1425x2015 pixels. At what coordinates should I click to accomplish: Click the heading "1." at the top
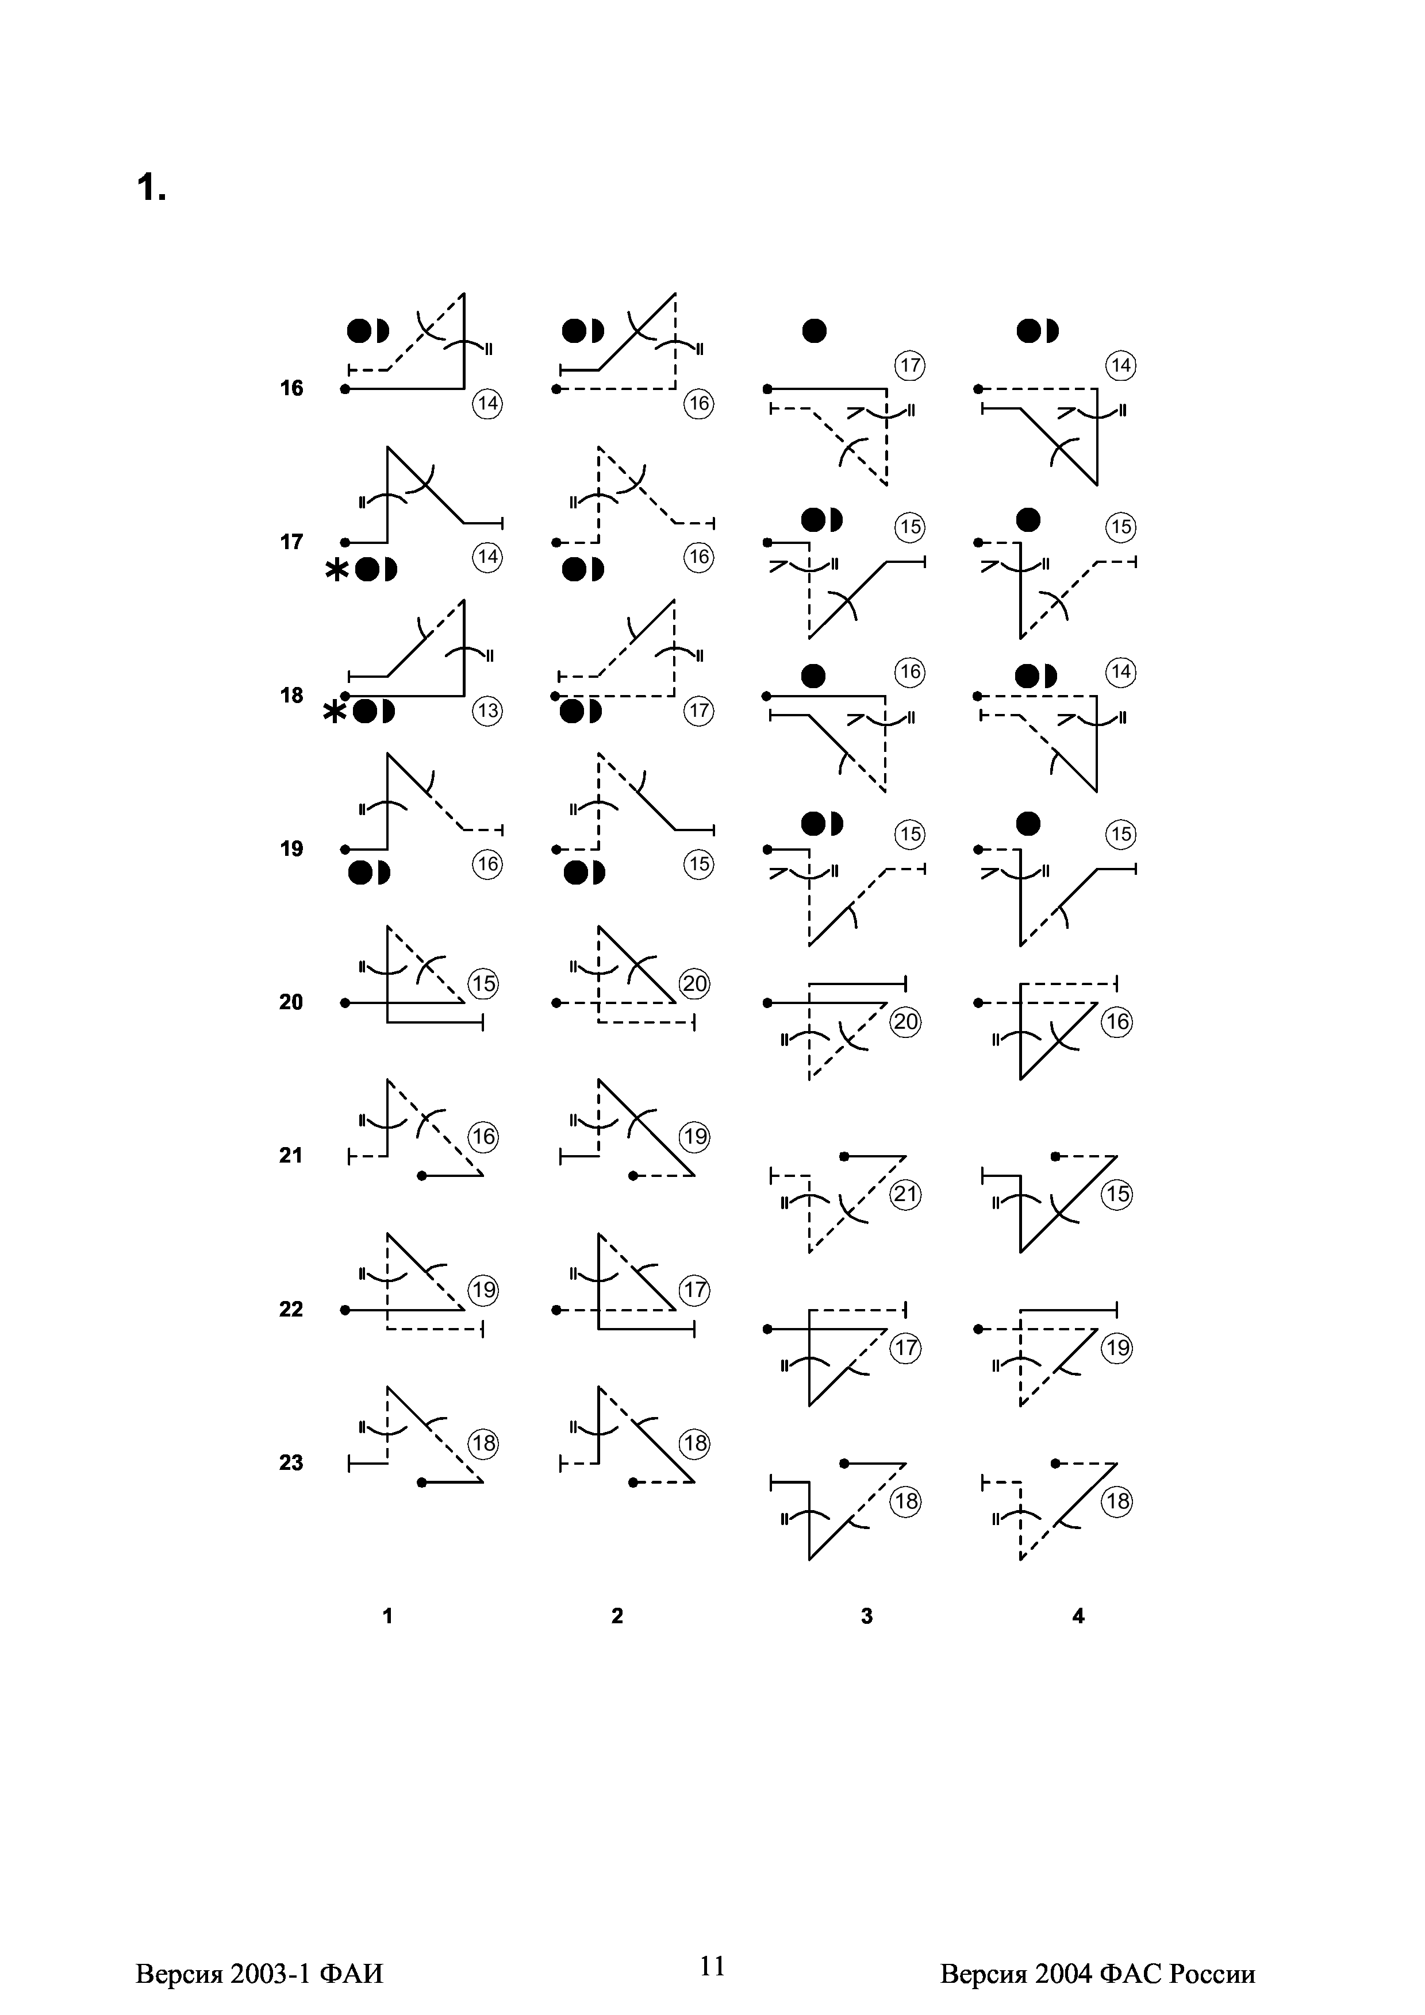151,188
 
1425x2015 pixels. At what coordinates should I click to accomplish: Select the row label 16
291,389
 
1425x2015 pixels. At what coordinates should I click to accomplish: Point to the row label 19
291,848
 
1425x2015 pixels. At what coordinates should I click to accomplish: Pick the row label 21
291,1156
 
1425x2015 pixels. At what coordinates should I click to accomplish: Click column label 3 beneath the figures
867,1616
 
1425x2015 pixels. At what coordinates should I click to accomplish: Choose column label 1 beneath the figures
387,1616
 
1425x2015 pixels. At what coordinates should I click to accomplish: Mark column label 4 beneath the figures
1079,1616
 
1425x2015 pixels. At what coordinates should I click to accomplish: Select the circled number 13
487,711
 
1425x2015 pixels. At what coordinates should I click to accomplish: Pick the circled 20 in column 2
696,984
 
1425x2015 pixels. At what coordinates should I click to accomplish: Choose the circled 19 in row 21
696,1137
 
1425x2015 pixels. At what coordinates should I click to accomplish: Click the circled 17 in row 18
699,711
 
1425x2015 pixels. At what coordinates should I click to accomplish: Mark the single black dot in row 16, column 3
815,331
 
